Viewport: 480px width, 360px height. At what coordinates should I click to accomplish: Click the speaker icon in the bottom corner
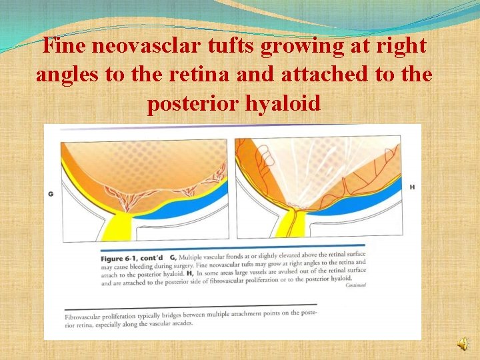[x=462, y=343]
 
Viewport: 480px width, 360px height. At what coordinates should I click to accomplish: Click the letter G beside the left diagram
[x=51, y=193]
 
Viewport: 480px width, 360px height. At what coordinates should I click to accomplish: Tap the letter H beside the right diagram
[x=412, y=187]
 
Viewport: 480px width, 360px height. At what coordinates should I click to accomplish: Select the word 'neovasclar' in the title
[x=167, y=47]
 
